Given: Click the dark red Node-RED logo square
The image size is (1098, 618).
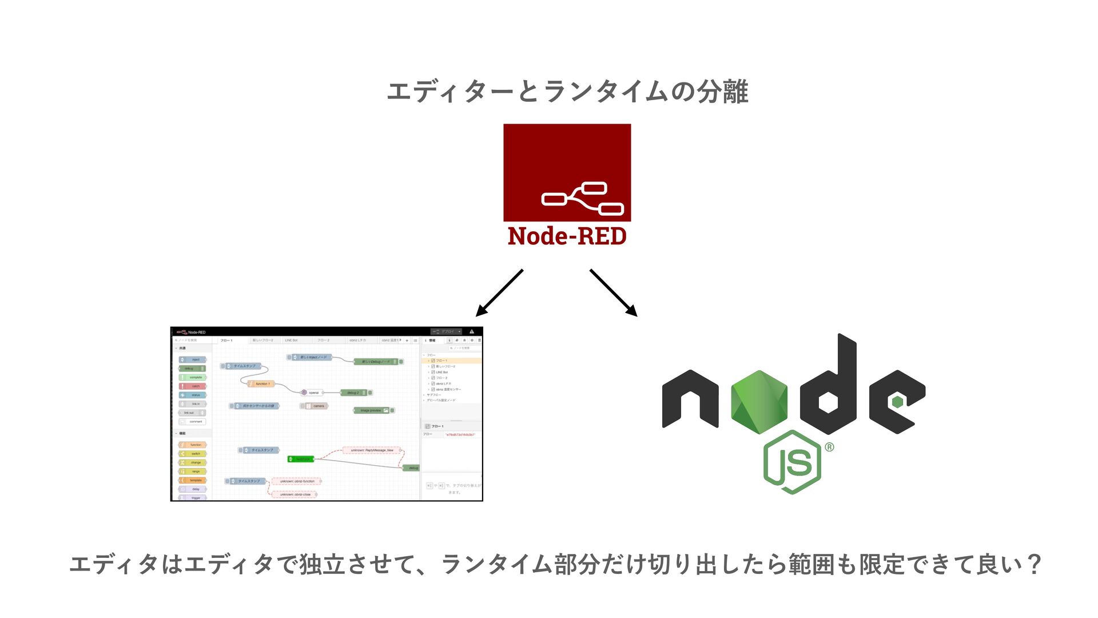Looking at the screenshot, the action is click(x=567, y=172).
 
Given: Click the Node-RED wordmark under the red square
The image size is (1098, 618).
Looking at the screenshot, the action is click(x=567, y=236).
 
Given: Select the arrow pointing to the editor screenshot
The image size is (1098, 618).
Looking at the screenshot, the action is click(x=499, y=293).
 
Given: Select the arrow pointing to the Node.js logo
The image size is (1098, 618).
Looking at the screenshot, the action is click(x=614, y=293).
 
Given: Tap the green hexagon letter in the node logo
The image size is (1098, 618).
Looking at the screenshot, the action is click(x=759, y=401).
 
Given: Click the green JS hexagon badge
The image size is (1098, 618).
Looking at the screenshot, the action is click(x=792, y=462).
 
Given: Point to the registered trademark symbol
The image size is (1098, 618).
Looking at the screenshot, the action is click(x=829, y=447).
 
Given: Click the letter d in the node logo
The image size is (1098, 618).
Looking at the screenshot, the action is click(x=829, y=389).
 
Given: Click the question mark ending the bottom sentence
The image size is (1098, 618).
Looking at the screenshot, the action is click(x=1033, y=565).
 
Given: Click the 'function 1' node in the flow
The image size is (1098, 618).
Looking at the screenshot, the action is click(x=261, y=384).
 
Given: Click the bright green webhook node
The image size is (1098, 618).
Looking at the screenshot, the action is click(x=301, y=459).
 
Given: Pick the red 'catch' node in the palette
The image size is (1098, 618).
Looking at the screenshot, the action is click(x=193, y=386).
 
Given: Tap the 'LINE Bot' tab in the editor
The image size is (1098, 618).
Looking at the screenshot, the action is click(x=291, y=340).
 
